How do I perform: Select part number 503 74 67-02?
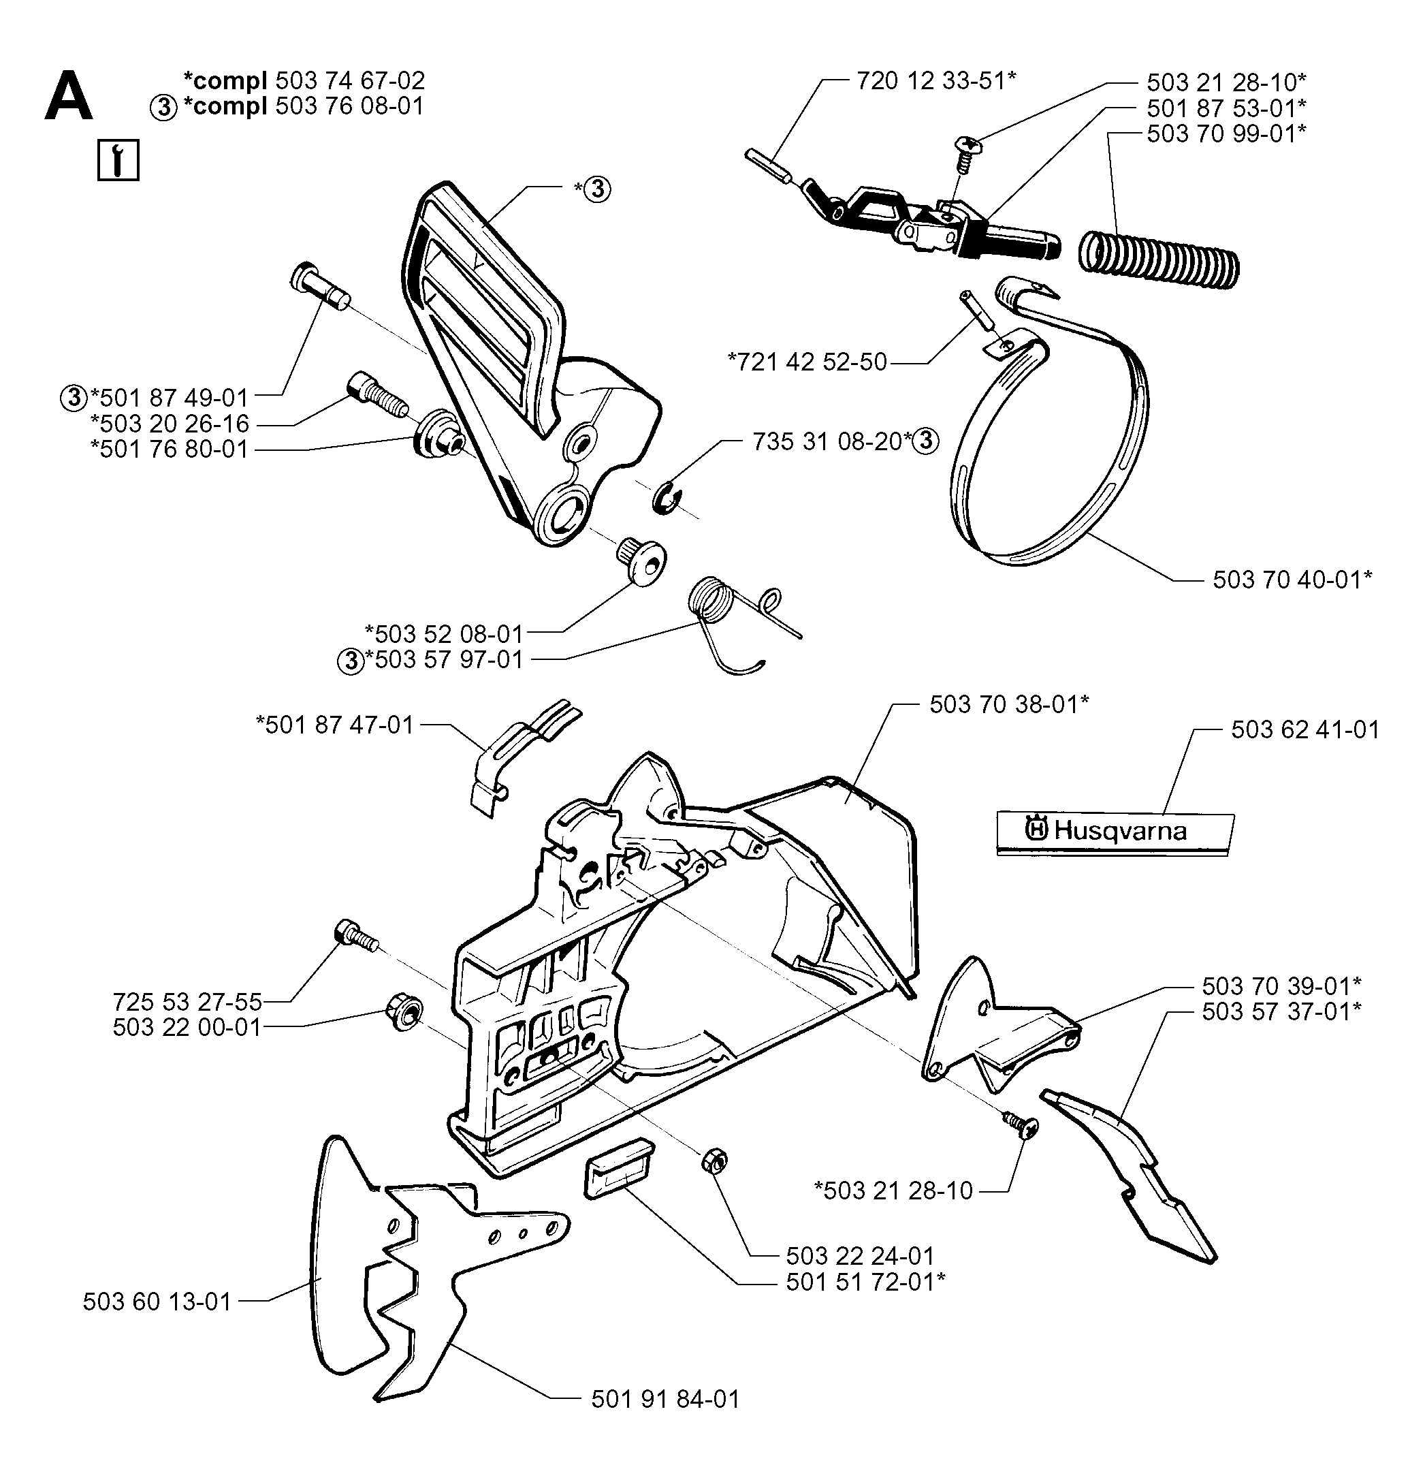[x=350, y=80]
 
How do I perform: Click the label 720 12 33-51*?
[x=936, y=80]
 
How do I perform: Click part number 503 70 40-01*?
[x=1292, y=579]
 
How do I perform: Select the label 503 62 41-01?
[x=1305, y=729]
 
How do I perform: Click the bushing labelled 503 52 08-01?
[x=641, y=561]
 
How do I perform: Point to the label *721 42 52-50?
[x=807, y=362]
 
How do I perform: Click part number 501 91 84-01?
[x=665, y=1399]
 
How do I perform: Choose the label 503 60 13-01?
[x=157, y=1302]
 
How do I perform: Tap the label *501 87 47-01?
[x=334, y=725]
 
